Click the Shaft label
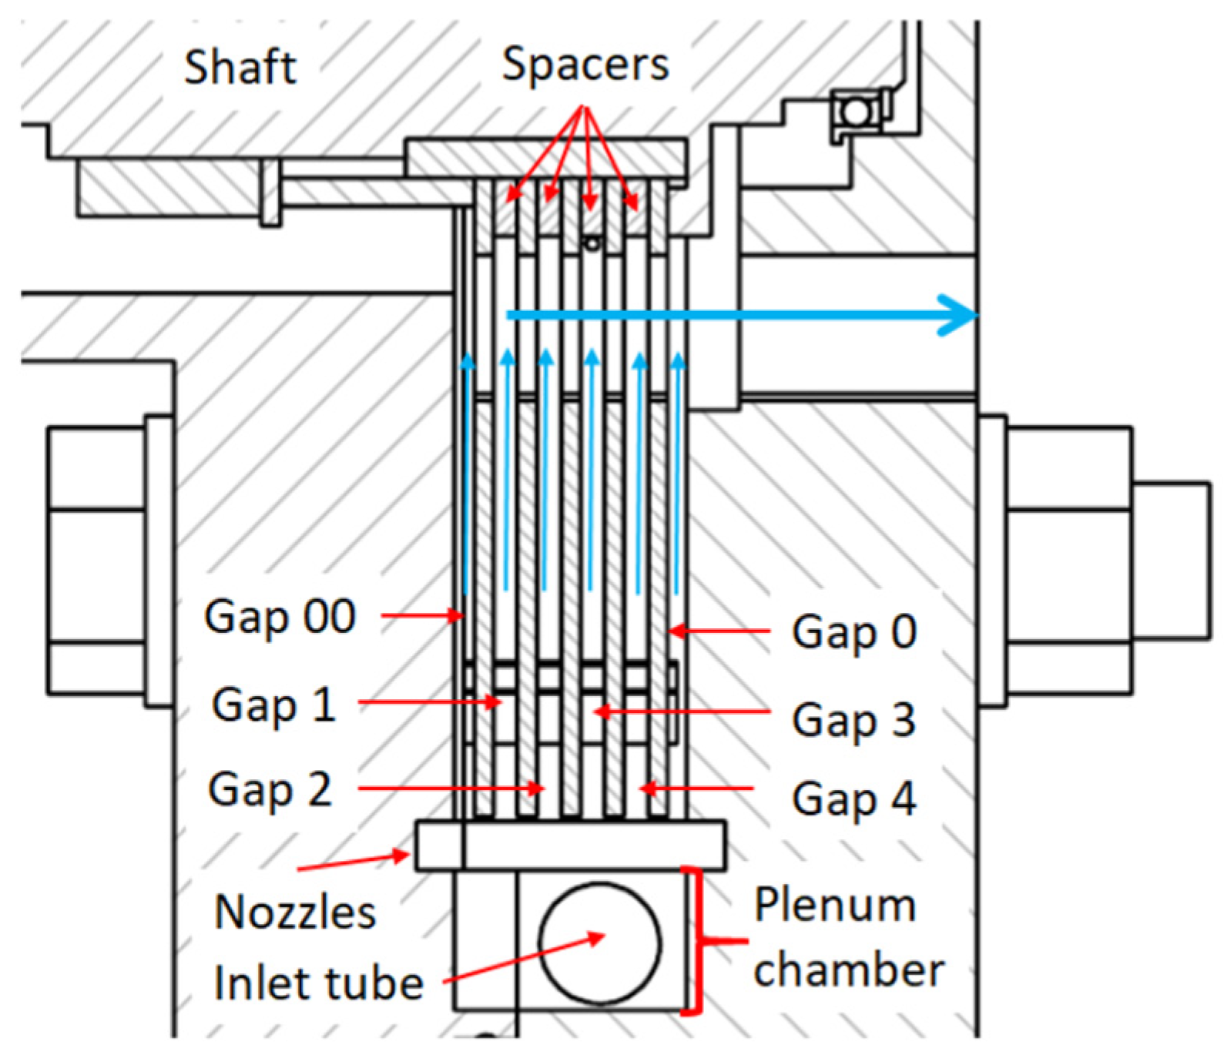coord(240,67)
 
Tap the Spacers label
coord(585,65)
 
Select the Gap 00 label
coord(280,616)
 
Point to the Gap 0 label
coord(854,631)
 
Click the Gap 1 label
coord(274,704)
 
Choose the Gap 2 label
coord(270,789)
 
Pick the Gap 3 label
coord(854,719)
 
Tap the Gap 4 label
coord(854,798)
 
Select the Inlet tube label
coord(318,983)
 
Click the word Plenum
coord(834,906)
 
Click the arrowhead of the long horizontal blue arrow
coord(959,316)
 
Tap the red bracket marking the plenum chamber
coord(699,940)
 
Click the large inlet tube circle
coord(600,942)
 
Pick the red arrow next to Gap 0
coord(720,631)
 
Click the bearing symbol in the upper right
coord(857,112)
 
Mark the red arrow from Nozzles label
coord(353,862)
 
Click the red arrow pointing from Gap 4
coord(696,788)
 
